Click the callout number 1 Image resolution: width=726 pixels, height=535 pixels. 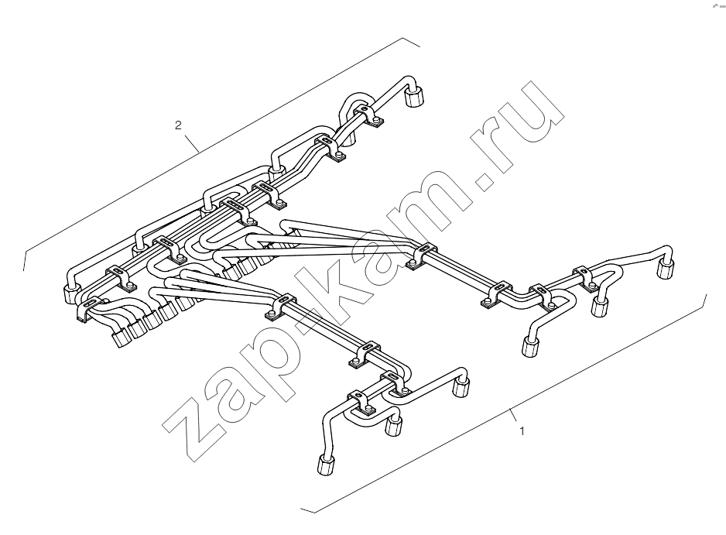point(522,431)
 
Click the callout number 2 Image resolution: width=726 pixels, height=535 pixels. point(178,125)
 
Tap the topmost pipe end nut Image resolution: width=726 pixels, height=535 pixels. point(416,97)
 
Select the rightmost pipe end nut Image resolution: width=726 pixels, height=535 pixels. point(666,269)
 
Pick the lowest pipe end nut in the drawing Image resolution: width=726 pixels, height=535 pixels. point(327,465)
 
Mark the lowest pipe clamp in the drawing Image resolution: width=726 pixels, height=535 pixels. point(361,403)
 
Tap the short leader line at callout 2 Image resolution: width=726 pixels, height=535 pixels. point(192,142)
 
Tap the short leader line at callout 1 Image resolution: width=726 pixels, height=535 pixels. point(513,416)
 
